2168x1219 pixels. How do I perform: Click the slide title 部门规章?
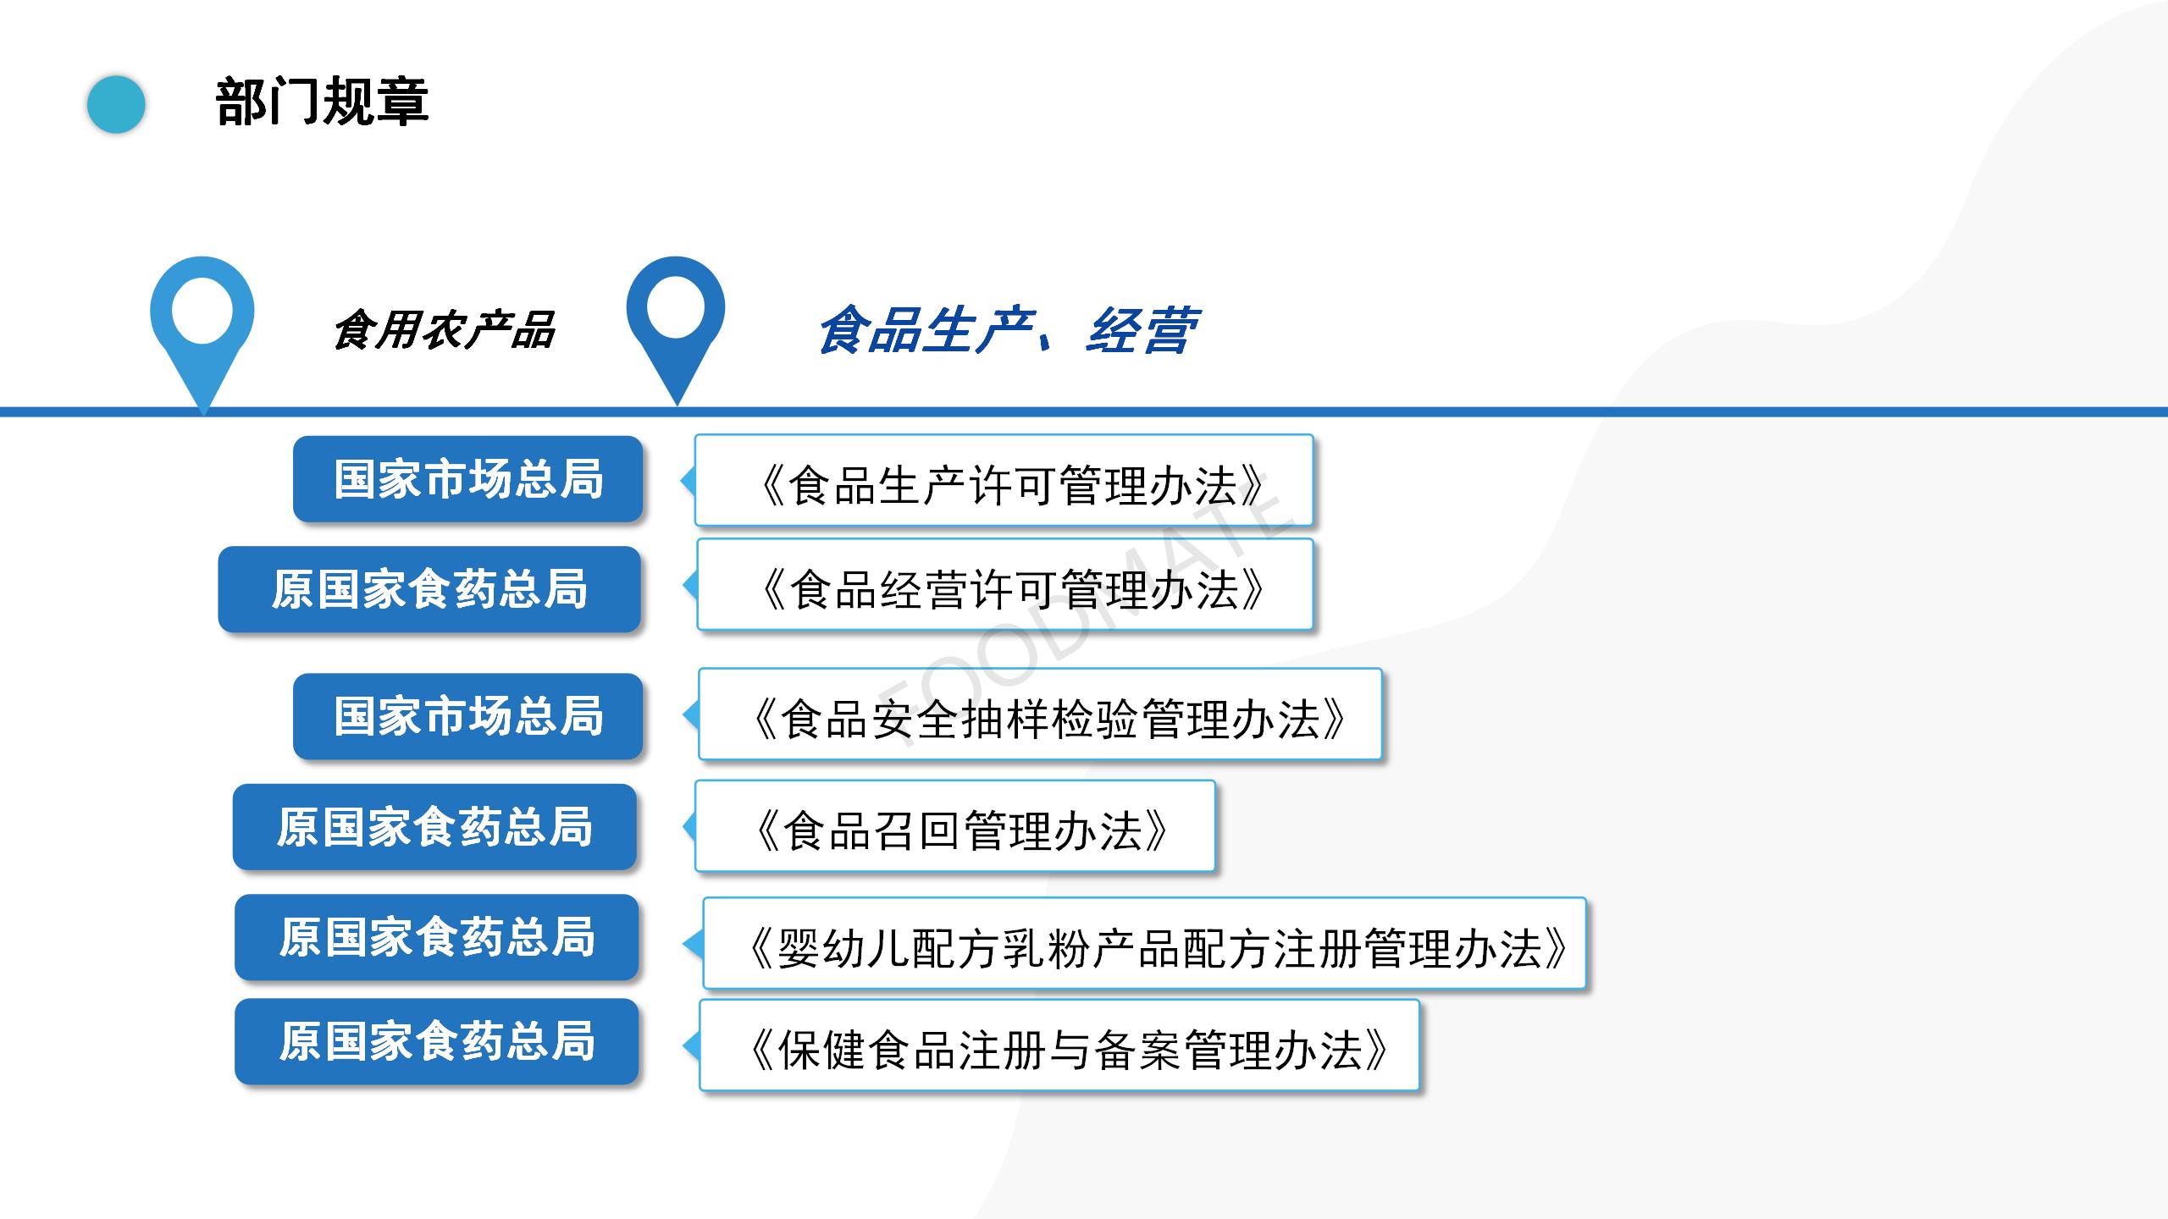coord(322,102)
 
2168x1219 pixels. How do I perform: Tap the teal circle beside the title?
coord(116,104)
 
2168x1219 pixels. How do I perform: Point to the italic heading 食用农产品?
coord(444,330)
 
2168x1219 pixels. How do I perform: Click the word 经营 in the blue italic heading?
coord(1142,330)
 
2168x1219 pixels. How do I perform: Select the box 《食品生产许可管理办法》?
coord(1004,480)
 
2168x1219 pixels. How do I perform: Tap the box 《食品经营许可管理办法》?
coord(1004,584)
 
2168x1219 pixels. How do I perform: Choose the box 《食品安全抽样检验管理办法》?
coord(1040,714)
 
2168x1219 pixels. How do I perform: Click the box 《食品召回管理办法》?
coord(955,826)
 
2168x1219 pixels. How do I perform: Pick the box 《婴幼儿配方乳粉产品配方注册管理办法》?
coord(1144,943)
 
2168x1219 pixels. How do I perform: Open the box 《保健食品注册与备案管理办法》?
coord(1059,1045)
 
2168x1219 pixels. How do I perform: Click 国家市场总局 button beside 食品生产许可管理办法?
coord(468,479)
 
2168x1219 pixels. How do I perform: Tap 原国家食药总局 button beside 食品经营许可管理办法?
coord(429,589)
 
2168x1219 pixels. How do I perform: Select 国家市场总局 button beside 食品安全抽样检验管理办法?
coord(468,716)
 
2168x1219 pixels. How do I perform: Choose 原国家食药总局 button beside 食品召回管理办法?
coord(434,827)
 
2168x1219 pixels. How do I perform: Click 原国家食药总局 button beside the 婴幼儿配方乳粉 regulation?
coord(437,937)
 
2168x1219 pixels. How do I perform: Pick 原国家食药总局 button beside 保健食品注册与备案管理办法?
coord(437,1041)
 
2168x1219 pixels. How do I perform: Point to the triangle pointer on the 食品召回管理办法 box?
coord(689,827)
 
